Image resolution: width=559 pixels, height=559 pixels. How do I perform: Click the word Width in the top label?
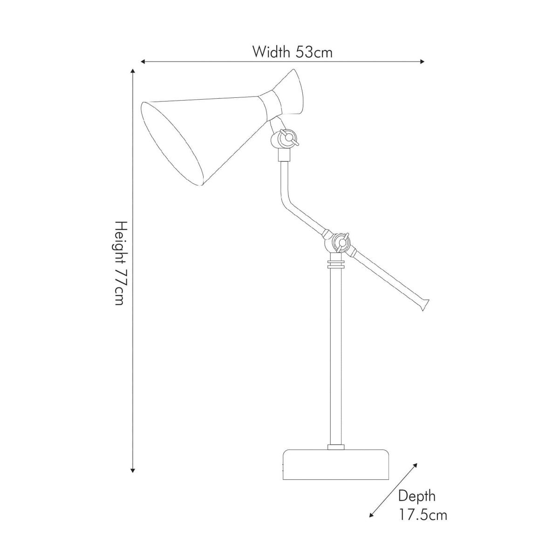pyautogui.click(x=271, y=52)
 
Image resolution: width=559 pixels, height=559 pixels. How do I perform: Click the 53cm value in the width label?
pyautogui.click(x=314, y=52)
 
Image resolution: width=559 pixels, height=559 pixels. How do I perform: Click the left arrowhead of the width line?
pyautogui.click(x=143, y=61)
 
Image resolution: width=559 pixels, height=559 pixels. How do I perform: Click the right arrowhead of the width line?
pyautogui.click(x=422, y=61)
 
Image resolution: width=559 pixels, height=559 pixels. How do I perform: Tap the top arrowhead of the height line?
pyautogui.click(x=133, y=71)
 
